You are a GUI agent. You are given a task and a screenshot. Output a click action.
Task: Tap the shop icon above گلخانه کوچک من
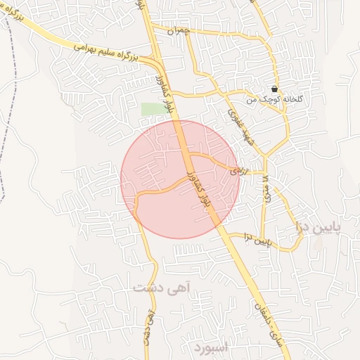pyautogui.click(x=274, y=89)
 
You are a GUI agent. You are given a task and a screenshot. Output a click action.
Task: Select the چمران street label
pyautogui.click(x=180, y=32)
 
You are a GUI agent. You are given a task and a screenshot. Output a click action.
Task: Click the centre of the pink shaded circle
pyautogui.click(x=180, y=179)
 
